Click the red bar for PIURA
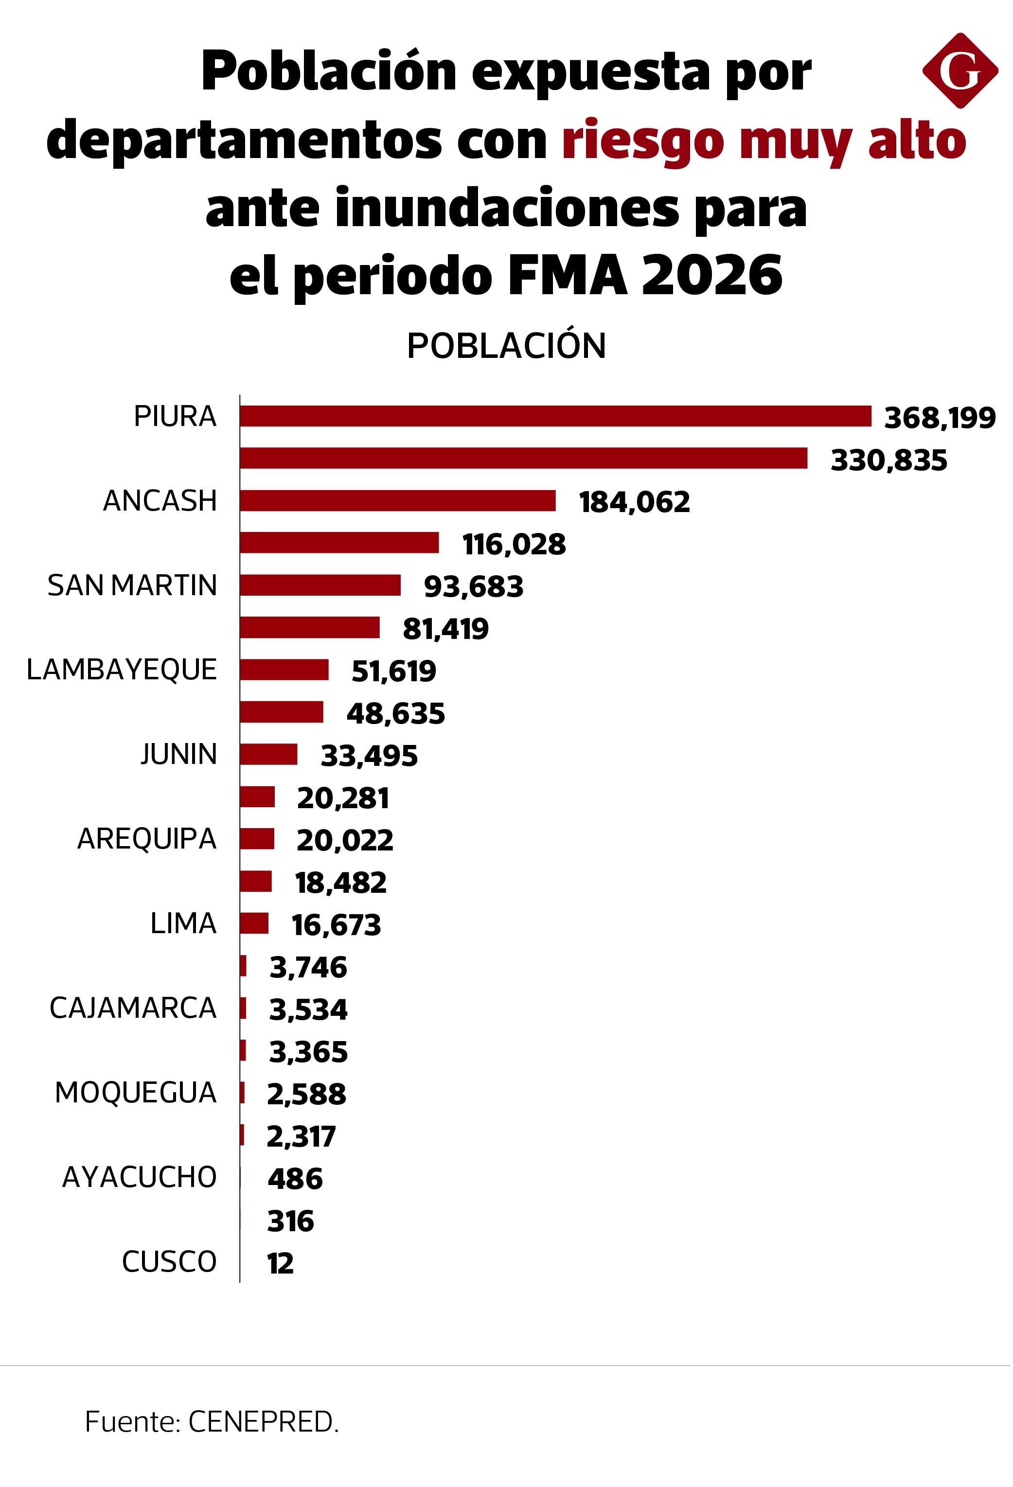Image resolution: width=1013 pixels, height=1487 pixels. point(555,416)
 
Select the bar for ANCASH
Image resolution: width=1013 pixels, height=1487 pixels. point(397,500)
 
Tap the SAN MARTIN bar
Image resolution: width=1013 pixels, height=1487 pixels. point(320,585)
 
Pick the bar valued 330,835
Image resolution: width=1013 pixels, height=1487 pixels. point(523,458)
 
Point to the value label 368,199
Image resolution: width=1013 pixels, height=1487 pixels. point(940,418)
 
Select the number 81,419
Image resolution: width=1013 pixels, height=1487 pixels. point(445,629)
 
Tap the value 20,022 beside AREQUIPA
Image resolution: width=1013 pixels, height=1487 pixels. point(344,840)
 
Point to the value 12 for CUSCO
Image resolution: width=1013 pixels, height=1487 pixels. point(280,1263)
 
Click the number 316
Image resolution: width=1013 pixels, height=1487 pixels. point(290,1221)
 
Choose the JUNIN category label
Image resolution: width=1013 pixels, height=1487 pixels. point(178,754)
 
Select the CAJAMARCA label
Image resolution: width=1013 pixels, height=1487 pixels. point(133,1008)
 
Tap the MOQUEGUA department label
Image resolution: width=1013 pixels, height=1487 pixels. point(136,1092)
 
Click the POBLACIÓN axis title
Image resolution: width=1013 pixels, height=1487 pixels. point(506,346)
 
